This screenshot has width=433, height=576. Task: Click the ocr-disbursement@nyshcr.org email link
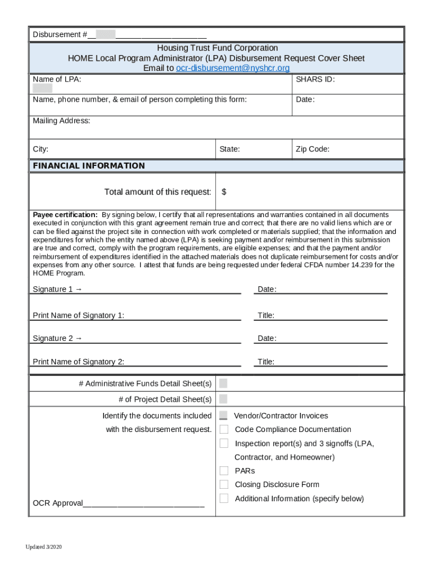[233, 68]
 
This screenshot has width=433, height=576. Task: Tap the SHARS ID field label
[315, 79]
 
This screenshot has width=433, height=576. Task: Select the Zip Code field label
[312, 149]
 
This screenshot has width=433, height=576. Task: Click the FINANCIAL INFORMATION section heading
[89, 165]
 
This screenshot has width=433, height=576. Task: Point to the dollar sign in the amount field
[224, 192]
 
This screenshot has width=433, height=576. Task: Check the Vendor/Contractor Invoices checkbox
[223, 416]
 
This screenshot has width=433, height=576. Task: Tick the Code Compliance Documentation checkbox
[224, 429]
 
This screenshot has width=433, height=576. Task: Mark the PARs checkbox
[224, 471]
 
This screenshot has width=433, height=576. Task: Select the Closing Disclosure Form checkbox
[224, 484]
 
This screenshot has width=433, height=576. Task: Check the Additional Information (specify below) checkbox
[224, 498]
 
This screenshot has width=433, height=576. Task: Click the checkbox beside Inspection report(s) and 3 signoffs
[224, 443]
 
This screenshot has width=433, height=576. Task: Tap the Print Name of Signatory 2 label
[78, 362]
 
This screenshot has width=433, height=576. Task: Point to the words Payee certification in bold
[65, 215]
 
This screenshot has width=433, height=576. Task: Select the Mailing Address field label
[61, 121]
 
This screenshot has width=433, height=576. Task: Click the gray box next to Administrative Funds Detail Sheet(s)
[223, 384]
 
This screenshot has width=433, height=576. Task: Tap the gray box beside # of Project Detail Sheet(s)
[223, 399]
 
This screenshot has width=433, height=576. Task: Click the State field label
[229, 149]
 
